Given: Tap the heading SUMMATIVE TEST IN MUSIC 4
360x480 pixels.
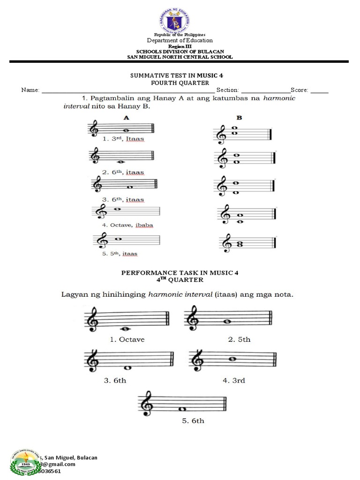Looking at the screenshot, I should pos(173,75).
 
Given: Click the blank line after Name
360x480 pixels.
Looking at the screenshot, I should pos(128,90).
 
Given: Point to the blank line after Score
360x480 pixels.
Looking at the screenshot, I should pos(319,90).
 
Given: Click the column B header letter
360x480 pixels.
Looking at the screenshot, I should pos(239,118).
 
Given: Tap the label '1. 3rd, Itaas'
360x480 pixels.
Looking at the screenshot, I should pos(123,139).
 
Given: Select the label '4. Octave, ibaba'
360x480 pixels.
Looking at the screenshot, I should pos(127,225).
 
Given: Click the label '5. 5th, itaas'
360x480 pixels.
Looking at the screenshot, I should pos(120,254).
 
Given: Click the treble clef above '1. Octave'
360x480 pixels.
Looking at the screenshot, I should pos(90,317).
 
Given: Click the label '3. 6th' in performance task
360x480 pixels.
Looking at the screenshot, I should pos(115,380).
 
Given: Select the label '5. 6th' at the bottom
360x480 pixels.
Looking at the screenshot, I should pos(193,420).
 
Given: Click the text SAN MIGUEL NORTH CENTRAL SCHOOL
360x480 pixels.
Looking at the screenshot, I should pos(180,57).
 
